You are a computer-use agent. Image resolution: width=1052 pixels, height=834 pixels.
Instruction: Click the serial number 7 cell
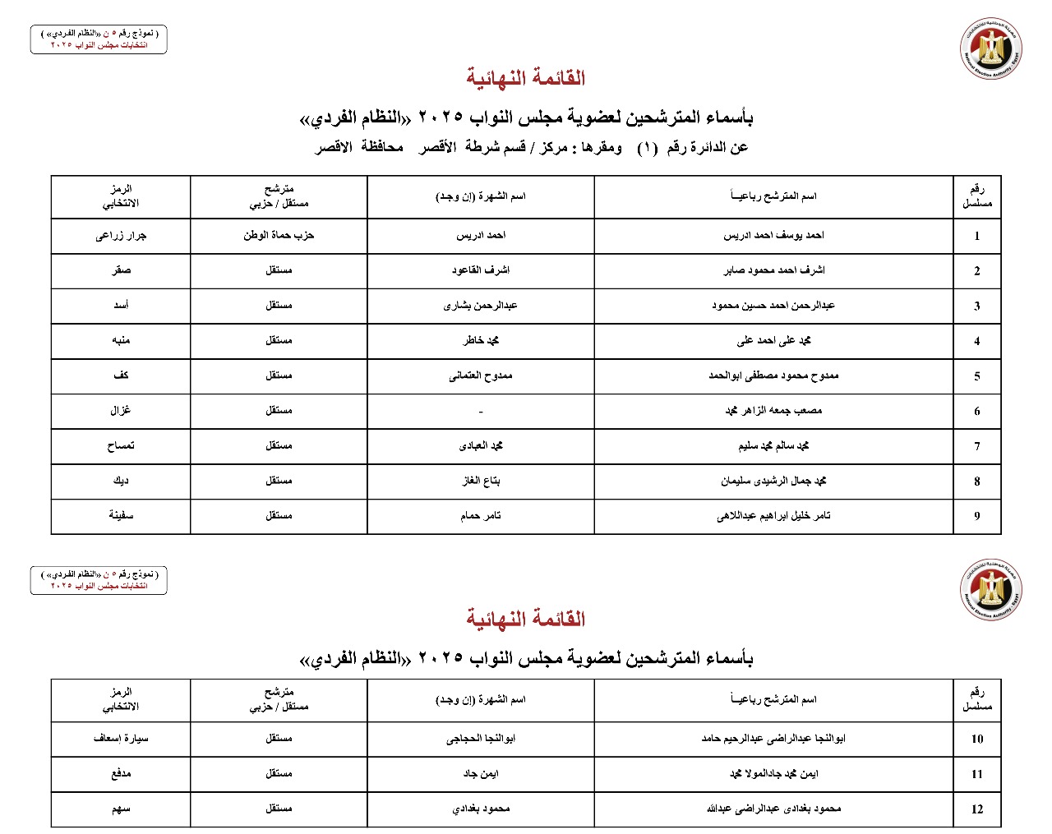pos(976,446)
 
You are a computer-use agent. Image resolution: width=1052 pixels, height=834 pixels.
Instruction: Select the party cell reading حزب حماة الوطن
pos(279,235)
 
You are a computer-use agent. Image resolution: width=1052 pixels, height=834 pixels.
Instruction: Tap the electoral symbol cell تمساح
pos(121,445)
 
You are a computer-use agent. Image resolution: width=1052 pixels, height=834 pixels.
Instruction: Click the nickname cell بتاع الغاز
pos(481,481)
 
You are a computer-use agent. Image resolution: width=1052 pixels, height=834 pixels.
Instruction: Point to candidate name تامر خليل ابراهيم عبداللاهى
pos(773,516)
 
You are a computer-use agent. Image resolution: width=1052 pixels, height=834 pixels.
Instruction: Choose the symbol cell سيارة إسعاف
pos(121,738)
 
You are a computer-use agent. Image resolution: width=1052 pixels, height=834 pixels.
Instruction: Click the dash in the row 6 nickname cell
pos(481,412)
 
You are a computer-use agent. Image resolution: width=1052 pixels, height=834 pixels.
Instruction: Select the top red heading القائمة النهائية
pos(525,78)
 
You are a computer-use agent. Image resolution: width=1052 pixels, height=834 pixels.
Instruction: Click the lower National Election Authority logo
pos(990,590)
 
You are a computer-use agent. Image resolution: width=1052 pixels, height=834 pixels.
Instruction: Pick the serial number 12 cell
pos(976,809)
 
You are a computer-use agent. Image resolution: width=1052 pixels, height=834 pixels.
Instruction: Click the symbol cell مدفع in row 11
pos(121,773)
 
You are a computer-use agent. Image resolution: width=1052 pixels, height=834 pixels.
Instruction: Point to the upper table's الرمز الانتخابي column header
pos(121,196)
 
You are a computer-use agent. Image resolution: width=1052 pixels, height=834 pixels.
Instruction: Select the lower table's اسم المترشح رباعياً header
pos(773,699)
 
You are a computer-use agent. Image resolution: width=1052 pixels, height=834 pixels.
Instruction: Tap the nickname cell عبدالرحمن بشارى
pos(481,305)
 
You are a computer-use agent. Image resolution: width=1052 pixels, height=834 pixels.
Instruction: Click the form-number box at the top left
pos(99,39)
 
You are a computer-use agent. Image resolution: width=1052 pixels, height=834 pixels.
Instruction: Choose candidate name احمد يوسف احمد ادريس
pos(773,235)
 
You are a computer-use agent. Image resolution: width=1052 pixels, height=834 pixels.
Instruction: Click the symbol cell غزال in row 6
pos(121,410)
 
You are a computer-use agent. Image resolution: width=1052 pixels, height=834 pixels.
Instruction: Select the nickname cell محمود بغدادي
pos(481,809)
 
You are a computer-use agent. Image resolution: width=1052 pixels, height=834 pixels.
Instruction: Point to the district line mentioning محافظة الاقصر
pos(531,147)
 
